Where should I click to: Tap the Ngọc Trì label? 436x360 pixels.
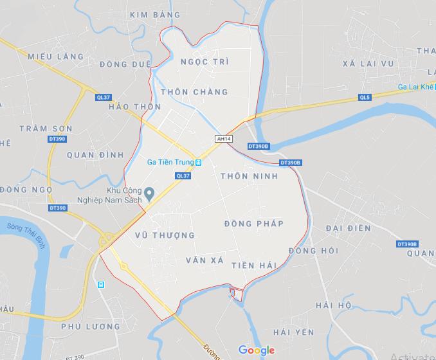205,62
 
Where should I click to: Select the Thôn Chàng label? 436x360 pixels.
194,92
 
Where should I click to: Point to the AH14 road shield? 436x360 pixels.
224,139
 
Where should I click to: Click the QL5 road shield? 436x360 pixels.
365,98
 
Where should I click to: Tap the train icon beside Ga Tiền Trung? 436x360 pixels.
199,163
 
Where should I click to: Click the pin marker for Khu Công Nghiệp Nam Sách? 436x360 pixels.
149,192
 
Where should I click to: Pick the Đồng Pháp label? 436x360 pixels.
254,223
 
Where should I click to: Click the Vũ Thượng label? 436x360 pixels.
165,236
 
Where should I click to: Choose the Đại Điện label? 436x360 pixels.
348,228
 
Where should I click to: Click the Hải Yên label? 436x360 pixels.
293,332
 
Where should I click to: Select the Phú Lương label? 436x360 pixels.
91,327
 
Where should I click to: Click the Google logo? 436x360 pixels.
256,350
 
